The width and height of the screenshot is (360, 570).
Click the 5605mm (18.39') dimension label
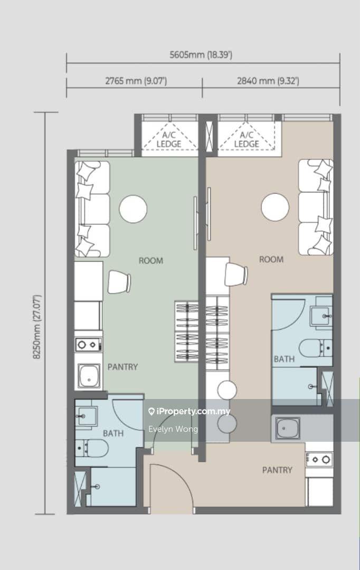click(201, 55)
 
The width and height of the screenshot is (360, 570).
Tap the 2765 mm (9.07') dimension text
click(136, 81)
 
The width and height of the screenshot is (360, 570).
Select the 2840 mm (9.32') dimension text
click(268, 81)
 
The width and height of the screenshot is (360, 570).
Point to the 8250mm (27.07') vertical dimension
click(37, 327)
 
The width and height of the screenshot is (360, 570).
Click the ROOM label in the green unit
click(151, 261)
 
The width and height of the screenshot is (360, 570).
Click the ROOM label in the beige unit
click(271, 260)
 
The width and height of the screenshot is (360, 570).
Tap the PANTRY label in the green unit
click(122, 367)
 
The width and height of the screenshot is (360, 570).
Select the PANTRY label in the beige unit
click(277, 470)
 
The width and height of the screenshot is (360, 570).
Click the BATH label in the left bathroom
click(113, 433)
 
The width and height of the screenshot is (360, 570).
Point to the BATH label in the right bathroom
click(284, 359)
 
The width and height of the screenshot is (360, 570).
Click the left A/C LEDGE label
click(169, 140)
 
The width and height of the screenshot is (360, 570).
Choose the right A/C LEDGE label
click(246, 140)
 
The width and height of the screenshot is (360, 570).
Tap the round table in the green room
click(133, 209)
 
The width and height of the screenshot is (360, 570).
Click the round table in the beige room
click(275, 207)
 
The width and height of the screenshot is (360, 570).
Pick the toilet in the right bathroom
click(315, 348)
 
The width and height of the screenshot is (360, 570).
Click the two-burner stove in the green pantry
click(88, 344)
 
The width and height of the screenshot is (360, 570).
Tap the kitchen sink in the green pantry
click(89, 376)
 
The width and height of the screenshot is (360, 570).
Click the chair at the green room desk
click(119, 282)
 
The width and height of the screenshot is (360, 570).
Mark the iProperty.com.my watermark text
click(190, 412)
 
